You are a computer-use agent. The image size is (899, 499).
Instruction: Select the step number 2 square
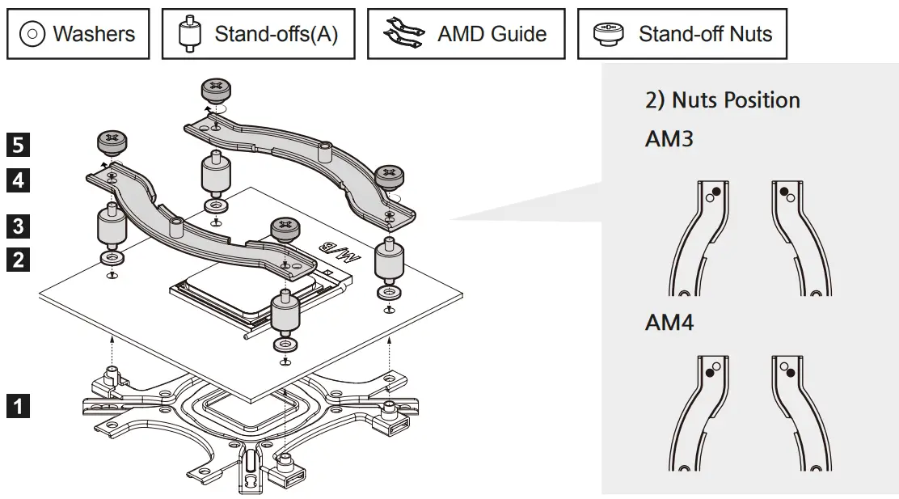19,260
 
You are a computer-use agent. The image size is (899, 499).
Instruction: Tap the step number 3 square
19,225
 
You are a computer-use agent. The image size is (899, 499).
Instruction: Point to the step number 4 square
19,180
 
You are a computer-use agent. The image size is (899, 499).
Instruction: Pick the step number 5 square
19,146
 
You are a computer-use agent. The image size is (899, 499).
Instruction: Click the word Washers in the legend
94,34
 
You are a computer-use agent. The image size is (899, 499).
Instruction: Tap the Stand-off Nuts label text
705,34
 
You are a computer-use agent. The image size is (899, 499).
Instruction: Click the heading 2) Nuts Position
722,100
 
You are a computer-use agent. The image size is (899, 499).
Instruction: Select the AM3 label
669,139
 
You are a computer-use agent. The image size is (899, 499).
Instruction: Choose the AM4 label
669,323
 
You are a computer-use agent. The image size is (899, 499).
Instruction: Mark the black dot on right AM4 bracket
791,371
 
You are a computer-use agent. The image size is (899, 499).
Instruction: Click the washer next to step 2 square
111,257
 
